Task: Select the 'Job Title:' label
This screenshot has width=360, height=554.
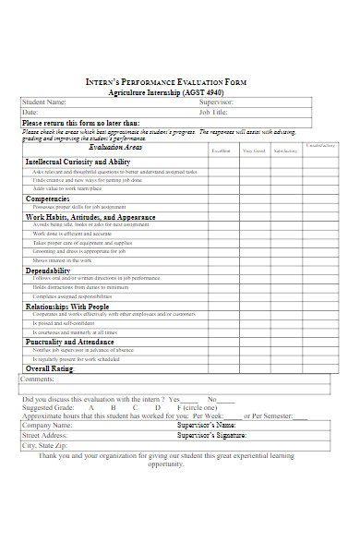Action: pos(211,112)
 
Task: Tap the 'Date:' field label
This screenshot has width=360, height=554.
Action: pos(30,112)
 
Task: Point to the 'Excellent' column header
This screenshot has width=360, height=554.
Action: pos(222,151)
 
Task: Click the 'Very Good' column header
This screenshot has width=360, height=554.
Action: pos(253,151)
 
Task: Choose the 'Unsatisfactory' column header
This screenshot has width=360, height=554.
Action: pos(320,146)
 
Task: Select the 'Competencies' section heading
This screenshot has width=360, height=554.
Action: pos(48,199)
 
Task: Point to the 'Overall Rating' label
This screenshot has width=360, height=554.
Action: pos(49,368)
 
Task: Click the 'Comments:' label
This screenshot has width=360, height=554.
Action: pos(38,379)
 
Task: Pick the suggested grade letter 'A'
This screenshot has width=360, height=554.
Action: pos(90,406)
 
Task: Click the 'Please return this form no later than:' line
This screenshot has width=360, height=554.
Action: pos(81,122)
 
